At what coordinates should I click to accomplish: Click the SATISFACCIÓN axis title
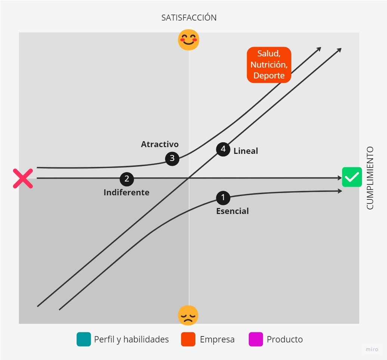tap(189, 18)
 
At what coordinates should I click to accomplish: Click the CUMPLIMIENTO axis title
tap(370, 178)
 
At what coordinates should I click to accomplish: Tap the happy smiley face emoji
tap(189, 40)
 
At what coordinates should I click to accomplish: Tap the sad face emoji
tap(188, 316)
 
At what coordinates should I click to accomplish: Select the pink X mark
tap(23, 178)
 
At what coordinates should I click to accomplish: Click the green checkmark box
tap(352, 177)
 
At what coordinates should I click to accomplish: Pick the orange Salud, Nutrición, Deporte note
tap(269, 65)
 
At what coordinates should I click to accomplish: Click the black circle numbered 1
tap(223, 197)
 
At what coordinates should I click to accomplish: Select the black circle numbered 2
tap(127, 179)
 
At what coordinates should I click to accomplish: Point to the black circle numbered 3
tap(172, 158)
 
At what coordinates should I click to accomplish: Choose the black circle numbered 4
tap(223, 149)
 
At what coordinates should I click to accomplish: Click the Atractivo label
tap(160, 144)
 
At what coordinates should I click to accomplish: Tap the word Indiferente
tap(126, 193)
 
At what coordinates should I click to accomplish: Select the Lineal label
tap(245, 151)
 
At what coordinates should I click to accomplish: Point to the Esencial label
tap(232, 211)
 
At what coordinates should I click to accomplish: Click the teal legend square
tap(84, 339)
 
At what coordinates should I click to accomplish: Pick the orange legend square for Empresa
tap(188, 339)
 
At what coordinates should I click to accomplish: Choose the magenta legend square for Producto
tap(256, 339)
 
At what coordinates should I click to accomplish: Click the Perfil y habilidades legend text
tap(131, 339)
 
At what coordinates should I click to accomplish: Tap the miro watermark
tap(371, 350)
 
